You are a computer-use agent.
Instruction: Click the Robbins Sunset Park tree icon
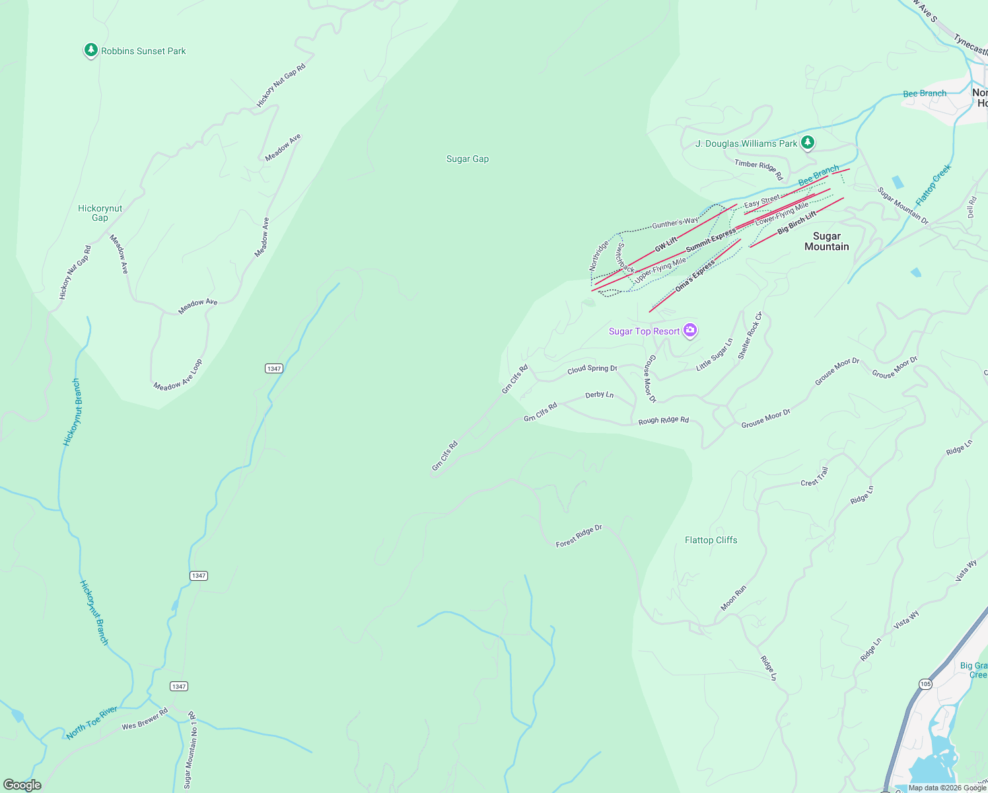click(90, 51)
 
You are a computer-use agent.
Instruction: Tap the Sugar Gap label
click(468, 159)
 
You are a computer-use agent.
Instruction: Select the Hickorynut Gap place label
click(100, 213)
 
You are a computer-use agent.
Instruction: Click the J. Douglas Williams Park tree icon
click(807, 143)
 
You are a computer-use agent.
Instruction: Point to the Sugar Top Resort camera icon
click(690, 330)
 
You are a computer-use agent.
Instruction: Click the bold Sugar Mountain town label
click(826, 241)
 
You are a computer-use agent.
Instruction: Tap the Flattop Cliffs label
click(711, 540)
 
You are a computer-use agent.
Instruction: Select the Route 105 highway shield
click(926, 684)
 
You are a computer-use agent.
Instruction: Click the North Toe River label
click(92, 722)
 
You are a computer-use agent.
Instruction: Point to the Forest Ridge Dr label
click(579, 536)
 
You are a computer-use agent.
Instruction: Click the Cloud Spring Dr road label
click(592, 369)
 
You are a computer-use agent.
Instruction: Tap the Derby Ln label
click(599, 395)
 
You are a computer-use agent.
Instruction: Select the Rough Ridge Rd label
click(663, 420)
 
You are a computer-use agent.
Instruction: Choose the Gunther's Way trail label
click(675, 223)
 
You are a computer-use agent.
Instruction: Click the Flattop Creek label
click(933, 185)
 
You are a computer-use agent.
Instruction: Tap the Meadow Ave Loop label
click(178, 375)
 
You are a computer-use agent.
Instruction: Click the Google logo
click(22, 785)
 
